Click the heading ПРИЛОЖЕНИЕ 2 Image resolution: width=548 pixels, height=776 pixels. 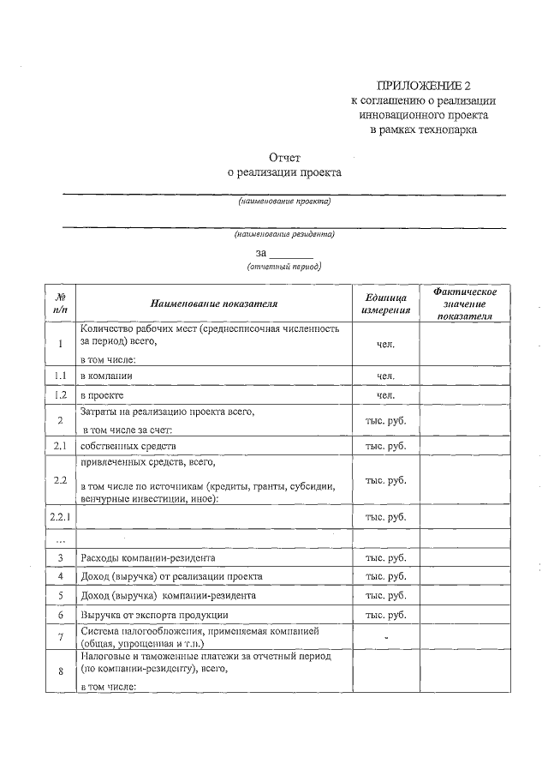(424, 86)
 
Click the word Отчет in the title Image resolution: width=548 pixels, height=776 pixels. (284, 157)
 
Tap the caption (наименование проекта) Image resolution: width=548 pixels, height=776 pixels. (284, 202)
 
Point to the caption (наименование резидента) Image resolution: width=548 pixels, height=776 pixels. (284, 233)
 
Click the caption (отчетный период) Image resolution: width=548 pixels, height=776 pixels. (284, 267)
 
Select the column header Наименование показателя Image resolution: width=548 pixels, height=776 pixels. (214, 303)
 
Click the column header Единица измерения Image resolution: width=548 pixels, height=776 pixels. (385, 303)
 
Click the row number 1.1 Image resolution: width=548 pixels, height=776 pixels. (60, 376)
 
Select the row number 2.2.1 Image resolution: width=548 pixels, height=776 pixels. (60, 517)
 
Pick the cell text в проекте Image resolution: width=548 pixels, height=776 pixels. (103, 395)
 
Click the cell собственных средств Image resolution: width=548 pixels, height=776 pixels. (128, 447)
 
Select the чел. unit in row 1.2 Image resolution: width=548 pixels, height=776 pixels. (385, 395)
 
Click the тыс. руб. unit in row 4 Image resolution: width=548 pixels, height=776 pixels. (385, 576)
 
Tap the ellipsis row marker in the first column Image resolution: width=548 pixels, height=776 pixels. (60, 540)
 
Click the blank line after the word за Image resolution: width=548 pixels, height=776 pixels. (291, 255)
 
